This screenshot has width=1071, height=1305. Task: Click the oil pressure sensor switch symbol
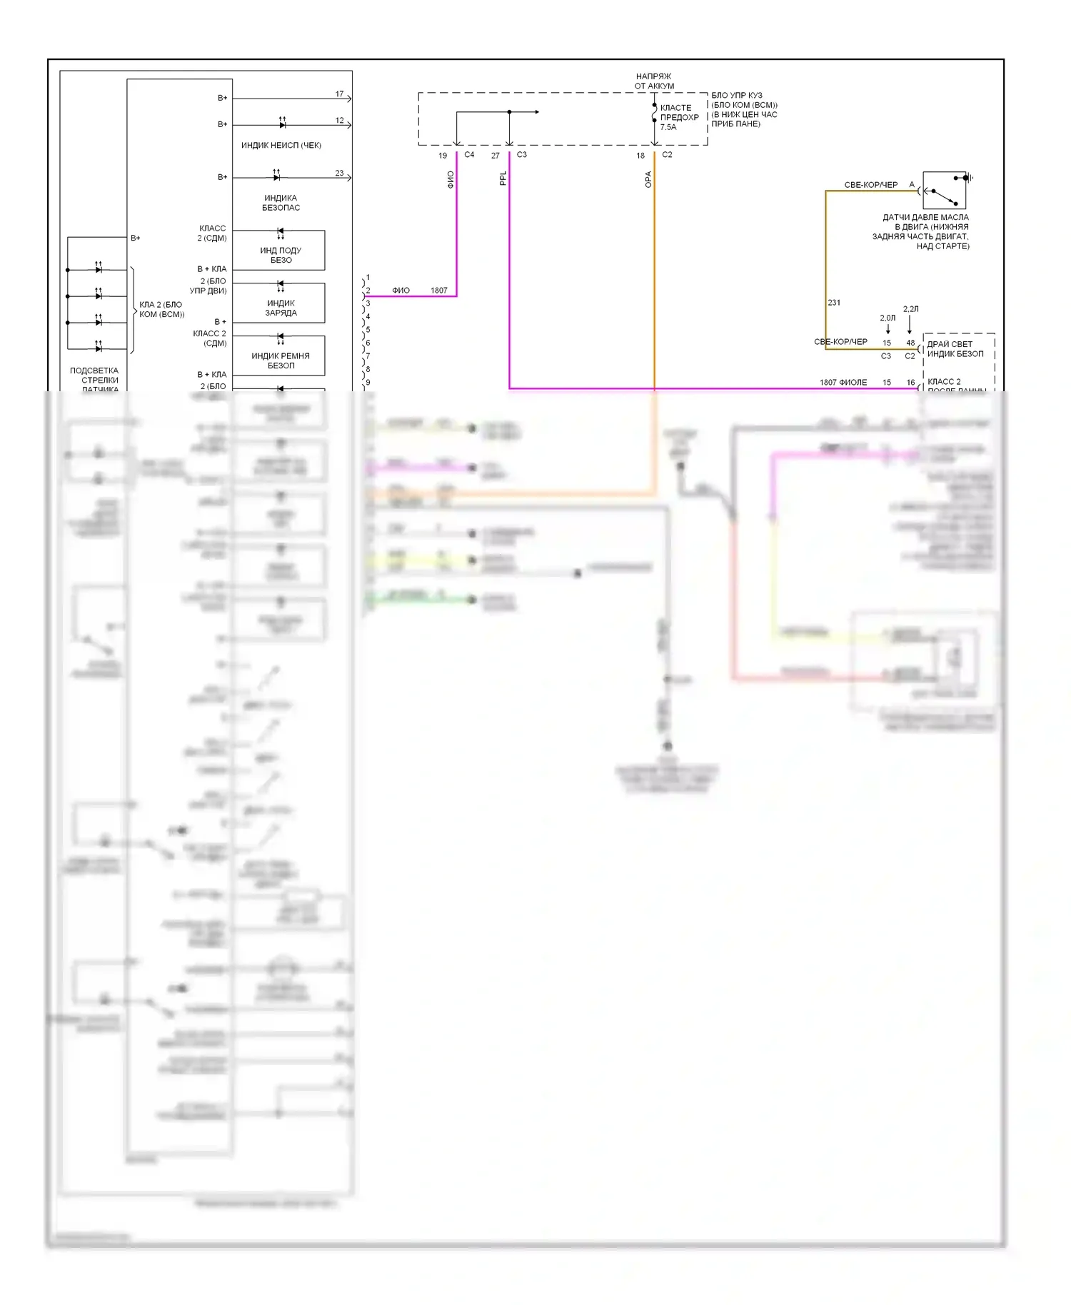point(944,191)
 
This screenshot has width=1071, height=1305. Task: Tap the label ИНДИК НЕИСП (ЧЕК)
point(281,146)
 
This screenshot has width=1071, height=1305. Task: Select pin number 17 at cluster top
point(339,94)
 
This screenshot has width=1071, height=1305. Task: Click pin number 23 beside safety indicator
point(339,173)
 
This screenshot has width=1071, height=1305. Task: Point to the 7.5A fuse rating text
point(668,127)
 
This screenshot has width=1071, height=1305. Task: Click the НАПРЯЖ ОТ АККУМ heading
point(654,81)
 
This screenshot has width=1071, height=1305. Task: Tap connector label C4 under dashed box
point(469,155)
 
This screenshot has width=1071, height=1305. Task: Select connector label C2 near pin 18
point(667,155)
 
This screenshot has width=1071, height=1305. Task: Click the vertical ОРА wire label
point(648,179)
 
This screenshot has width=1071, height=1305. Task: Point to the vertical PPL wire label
point(503,178)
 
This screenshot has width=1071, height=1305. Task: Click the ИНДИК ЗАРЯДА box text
point(281,308)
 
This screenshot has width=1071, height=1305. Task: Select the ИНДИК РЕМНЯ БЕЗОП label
point(281,361)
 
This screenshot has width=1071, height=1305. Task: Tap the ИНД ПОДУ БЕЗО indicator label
point(281,256)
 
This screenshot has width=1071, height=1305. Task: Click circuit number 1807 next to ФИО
point(439,291)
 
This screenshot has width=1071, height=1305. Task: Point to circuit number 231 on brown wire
point(834,303)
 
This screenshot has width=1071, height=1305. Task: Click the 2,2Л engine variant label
point(910,309)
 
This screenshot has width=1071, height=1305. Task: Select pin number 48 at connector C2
point(910,343)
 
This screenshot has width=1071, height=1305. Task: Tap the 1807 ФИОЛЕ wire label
point(843,383)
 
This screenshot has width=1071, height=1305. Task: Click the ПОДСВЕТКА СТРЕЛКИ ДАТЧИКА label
point(99,380)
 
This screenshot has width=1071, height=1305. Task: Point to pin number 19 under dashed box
point(443,156)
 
